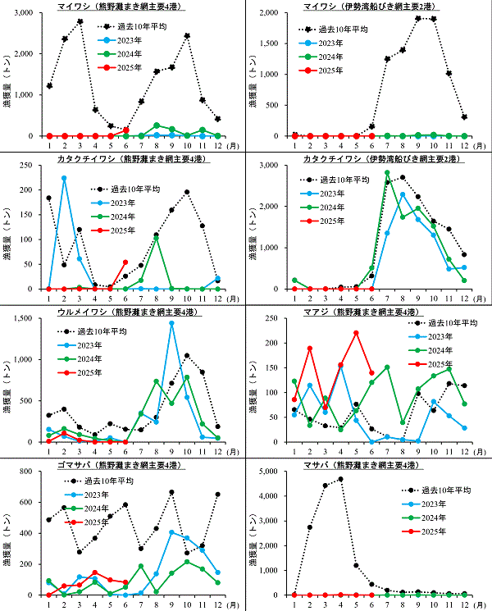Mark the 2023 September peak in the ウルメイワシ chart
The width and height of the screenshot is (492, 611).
(171, 322)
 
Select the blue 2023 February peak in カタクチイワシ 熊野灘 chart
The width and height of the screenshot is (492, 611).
(64, 178)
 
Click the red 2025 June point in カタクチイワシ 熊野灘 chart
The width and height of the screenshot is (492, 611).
(125, 262)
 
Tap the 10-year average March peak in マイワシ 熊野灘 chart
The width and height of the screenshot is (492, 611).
(80, 21)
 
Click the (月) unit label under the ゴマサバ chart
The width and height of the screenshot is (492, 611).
(235, 604)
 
